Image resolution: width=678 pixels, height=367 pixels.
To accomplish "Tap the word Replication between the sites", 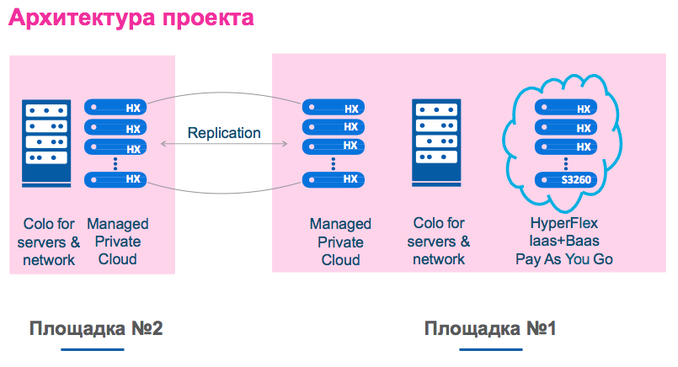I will [x=224, y=132].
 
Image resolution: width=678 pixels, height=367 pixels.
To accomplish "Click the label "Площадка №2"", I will [x=96, y=327].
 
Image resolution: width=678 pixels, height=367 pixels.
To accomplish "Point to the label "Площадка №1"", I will [x=491, y=327].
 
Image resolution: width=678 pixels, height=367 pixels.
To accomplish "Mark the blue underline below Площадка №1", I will [x=490, y=348].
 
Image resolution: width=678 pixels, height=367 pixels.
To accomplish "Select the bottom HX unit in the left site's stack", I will [x=115, y=179].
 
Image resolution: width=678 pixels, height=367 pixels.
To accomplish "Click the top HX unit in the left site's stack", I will [x=115, y=108].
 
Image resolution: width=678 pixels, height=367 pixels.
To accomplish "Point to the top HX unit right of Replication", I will [x=333, y=108].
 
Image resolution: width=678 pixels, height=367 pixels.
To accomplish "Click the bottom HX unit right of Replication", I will [x=333, y=179].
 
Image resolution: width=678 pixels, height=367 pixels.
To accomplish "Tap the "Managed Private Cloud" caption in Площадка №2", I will [x=118, y=241].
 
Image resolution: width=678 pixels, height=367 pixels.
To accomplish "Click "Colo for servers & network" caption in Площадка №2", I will [x=49, y=242].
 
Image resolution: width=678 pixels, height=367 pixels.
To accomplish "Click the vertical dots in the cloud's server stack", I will [x=566, y=162].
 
